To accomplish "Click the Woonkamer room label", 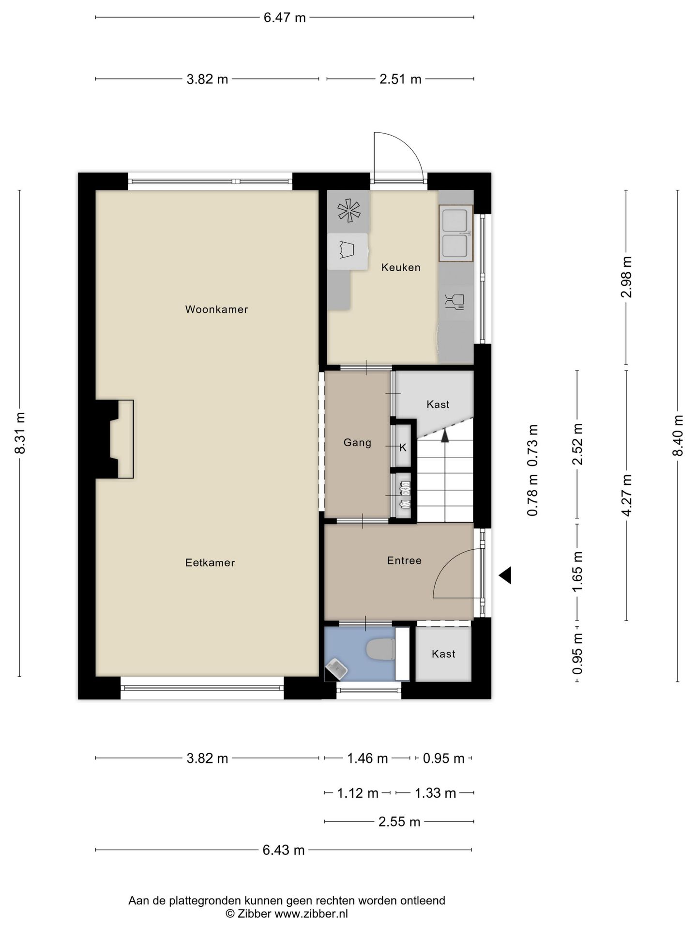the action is [x=216, y=309].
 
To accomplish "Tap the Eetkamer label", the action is [x=210, y=562].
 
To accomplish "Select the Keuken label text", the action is [x=401, y=267].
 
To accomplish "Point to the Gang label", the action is [x=357, y=442].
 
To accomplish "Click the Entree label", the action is [x=404, y=560].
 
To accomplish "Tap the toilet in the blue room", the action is [x=381, y=650].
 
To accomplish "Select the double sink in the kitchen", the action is [x=455, y=233].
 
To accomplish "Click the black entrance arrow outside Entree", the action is [x=505, y=575].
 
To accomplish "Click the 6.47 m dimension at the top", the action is [x=285, y=17].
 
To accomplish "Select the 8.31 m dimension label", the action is [x=19, y=433].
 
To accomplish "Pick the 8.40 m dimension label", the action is [x=678, y=435].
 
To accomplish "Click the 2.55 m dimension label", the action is [x=399, y=821].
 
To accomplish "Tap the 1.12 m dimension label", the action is [x=358, y=793].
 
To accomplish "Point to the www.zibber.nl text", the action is [x=311, y=914].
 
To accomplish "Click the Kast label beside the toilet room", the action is [x=443, y=654].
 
